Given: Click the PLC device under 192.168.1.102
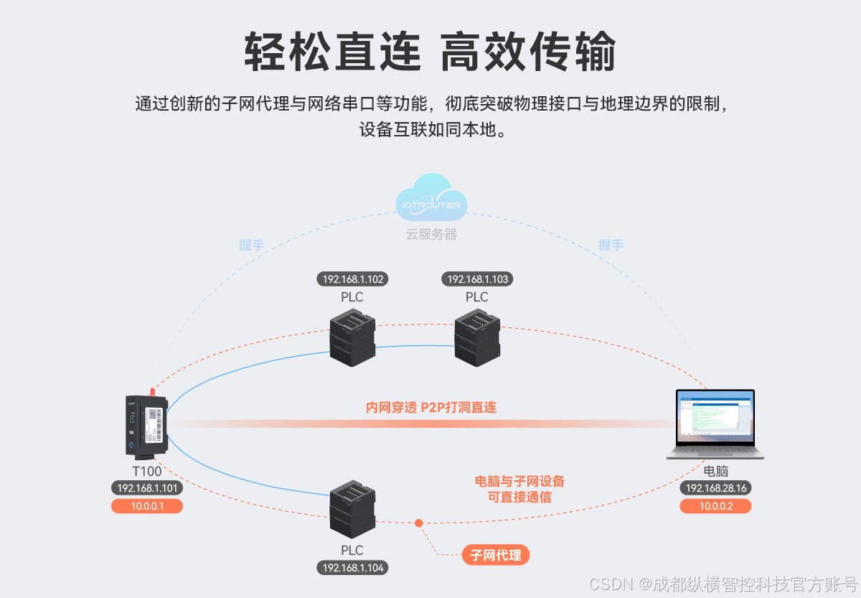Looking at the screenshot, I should click(x=352, y=337).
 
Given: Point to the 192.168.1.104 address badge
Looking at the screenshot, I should click(x=352, y=568).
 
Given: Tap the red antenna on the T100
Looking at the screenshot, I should click(x=151, y=391).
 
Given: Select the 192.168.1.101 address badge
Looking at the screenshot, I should click(x=146, y=488).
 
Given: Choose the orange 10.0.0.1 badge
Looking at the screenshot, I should click(x=146, y=506).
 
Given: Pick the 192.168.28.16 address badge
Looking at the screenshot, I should click(x=715, y=488).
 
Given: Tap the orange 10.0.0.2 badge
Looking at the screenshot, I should click(x=715, y=506).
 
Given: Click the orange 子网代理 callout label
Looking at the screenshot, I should click(x=495, y=555).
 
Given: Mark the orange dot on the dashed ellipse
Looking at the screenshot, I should click(x=418, y=523).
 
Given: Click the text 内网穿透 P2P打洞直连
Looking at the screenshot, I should click(x=430, y=407).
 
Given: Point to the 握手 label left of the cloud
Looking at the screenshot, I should click(x=251, y=245).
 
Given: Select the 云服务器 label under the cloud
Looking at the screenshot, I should click(x=431, y=235).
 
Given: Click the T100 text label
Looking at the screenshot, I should click(x=146, y=472).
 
